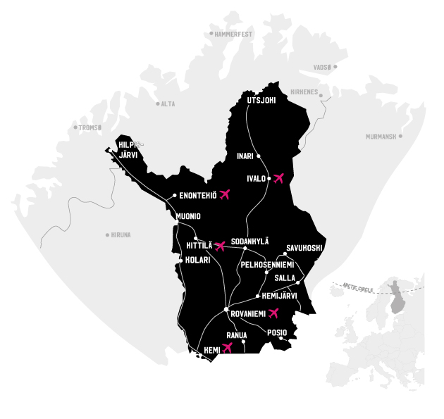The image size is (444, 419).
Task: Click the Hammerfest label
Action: click(x=233, y=33)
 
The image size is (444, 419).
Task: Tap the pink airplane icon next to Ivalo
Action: click(x=278, y=177)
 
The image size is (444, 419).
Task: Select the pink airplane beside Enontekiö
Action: click(x=225, y=194)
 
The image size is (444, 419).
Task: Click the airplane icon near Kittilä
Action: click(x=220, y=246)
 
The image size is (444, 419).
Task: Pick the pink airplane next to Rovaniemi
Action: click(x=273, y=313)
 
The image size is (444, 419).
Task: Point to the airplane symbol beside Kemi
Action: click(x=227, y=347)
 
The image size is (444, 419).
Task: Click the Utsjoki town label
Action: click(x=261, y=100)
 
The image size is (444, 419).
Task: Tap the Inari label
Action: click(x=245, y=156)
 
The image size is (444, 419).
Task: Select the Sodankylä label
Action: click(x=250, y=241)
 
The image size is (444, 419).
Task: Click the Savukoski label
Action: click(x=304, y=248)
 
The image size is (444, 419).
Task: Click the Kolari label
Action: click(x=197, y=260)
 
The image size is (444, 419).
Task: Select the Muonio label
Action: click(x=188, y=215)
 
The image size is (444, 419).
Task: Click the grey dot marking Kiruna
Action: click(x=107, y=234)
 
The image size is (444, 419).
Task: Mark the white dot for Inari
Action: click(x=259, y=156)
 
